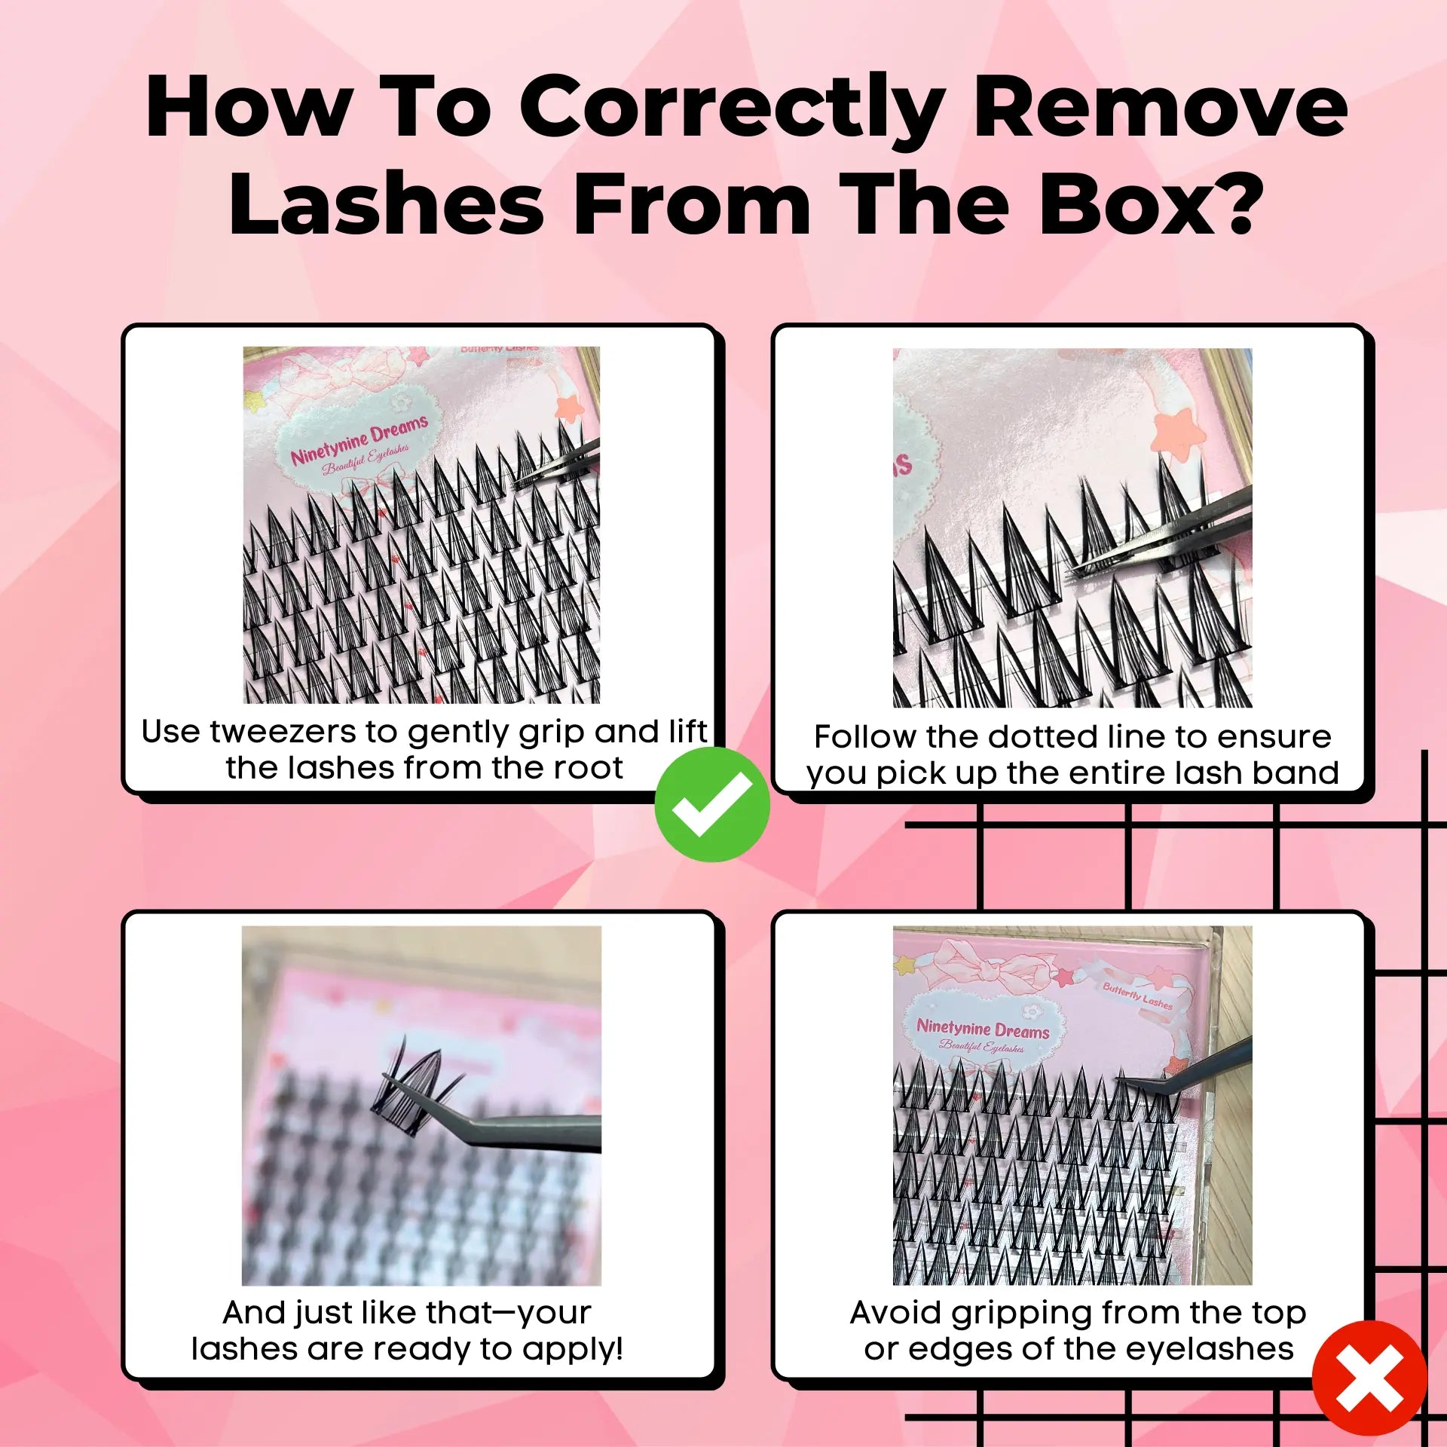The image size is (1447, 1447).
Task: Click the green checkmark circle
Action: [711, 804]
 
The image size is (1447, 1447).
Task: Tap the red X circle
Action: [1369, 1378]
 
